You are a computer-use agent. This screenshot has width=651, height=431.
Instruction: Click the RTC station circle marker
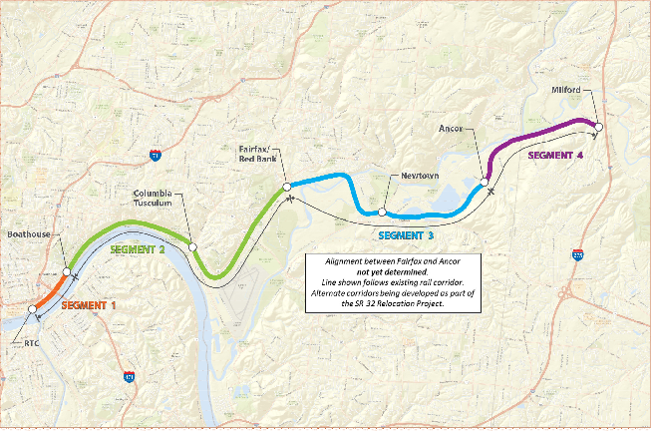33,310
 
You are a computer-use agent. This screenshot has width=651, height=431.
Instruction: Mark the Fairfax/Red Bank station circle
286,186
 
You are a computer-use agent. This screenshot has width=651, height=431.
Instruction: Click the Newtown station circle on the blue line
382,213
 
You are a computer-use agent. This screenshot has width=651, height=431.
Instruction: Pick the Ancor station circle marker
487,182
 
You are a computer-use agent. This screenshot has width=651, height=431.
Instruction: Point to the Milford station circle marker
599,127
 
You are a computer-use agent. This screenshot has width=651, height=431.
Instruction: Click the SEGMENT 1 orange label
89,304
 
